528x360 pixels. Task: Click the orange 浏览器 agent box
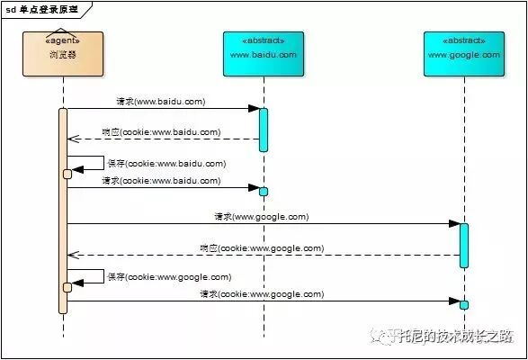63,54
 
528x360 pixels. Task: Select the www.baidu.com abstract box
264,54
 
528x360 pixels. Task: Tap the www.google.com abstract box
464,54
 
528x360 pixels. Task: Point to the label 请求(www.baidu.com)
159,102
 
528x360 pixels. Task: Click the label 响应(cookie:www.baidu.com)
159,132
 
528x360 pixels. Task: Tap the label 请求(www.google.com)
261,217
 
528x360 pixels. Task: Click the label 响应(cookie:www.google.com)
261,248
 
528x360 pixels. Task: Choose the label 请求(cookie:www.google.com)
261,294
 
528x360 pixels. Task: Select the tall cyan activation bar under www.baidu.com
264,130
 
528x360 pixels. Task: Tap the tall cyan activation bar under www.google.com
464,245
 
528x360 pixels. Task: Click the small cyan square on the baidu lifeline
264,191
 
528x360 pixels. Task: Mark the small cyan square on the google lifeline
464,304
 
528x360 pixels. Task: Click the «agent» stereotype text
63,40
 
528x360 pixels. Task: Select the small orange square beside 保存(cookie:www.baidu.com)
67,174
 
